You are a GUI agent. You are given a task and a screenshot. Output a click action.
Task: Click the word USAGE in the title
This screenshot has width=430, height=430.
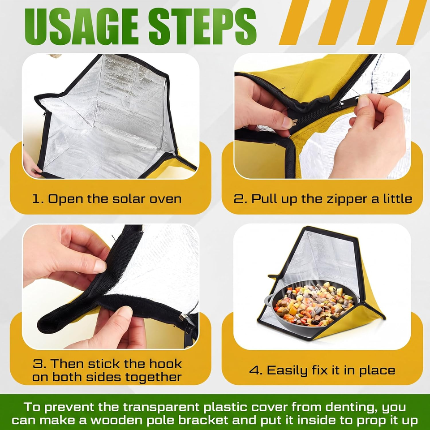pos(81,26)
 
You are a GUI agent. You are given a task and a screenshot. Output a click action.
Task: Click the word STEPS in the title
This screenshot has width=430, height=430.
pos(202,26)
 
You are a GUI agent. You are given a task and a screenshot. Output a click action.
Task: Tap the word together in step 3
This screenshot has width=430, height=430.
pos(154,378)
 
